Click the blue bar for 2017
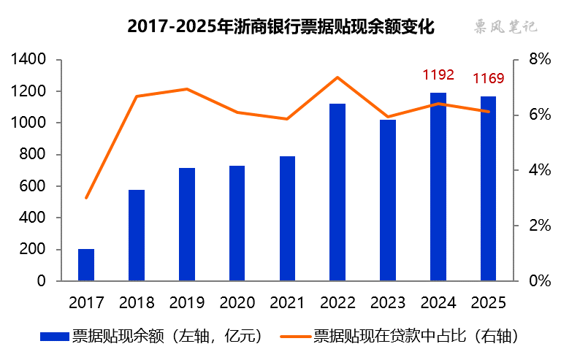(x=86, y=265)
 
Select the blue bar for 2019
(x=187, y=225)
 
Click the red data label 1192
(x=438, y=74)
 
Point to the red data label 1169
(x=489, y=78)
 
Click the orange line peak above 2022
(x=337, y=77)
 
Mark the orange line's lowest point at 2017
(x=86, y=198)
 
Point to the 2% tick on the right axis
(x=539, y=226)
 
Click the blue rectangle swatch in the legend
(x=54, y=336)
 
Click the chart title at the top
(x=281, y=27)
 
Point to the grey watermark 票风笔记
(x=503, y=27)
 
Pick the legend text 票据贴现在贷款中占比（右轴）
(x=416, y=336)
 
